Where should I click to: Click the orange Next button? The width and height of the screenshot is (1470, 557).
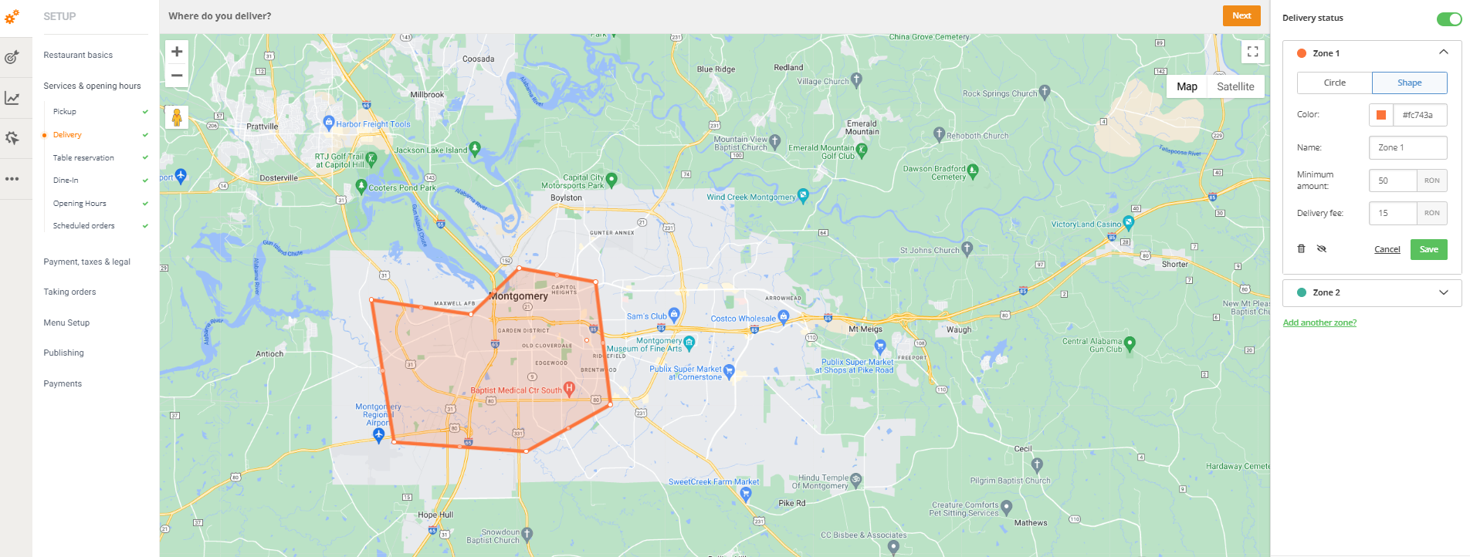pos(1241,15)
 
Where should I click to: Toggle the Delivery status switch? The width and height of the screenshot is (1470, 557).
pos(1448,19)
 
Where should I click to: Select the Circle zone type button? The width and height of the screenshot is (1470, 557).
pos(1334,83)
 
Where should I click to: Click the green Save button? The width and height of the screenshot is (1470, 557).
pos(1428,249)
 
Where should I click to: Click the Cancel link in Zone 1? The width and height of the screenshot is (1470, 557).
pos(1387,249)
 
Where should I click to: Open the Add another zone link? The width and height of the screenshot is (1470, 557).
pos(1319,322)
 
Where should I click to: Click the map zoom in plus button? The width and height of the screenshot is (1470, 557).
pos(177,52)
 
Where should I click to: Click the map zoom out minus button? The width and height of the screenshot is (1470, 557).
pos(177,75)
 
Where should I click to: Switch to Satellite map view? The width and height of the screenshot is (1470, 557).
pos(1235,86)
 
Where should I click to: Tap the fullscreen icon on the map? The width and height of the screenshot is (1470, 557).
pos(1252,52)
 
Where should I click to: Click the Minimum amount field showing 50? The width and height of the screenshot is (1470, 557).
pos(1392,181)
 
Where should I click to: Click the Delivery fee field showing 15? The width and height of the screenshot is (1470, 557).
pos(1392,213)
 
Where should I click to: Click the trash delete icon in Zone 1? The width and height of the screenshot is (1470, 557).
pos(1301,248)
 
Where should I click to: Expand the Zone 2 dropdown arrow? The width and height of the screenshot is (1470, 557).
pos(1443,292)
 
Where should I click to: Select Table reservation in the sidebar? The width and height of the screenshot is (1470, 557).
pos(83,157)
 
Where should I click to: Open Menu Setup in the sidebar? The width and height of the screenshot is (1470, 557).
pos(66,322)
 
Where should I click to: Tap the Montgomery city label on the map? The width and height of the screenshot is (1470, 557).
pos(519,295)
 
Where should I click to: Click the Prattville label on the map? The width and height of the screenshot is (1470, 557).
pos(262,127)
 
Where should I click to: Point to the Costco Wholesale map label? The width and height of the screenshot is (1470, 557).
pos(743,318)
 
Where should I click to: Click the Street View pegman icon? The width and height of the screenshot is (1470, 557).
pos(177,117)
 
